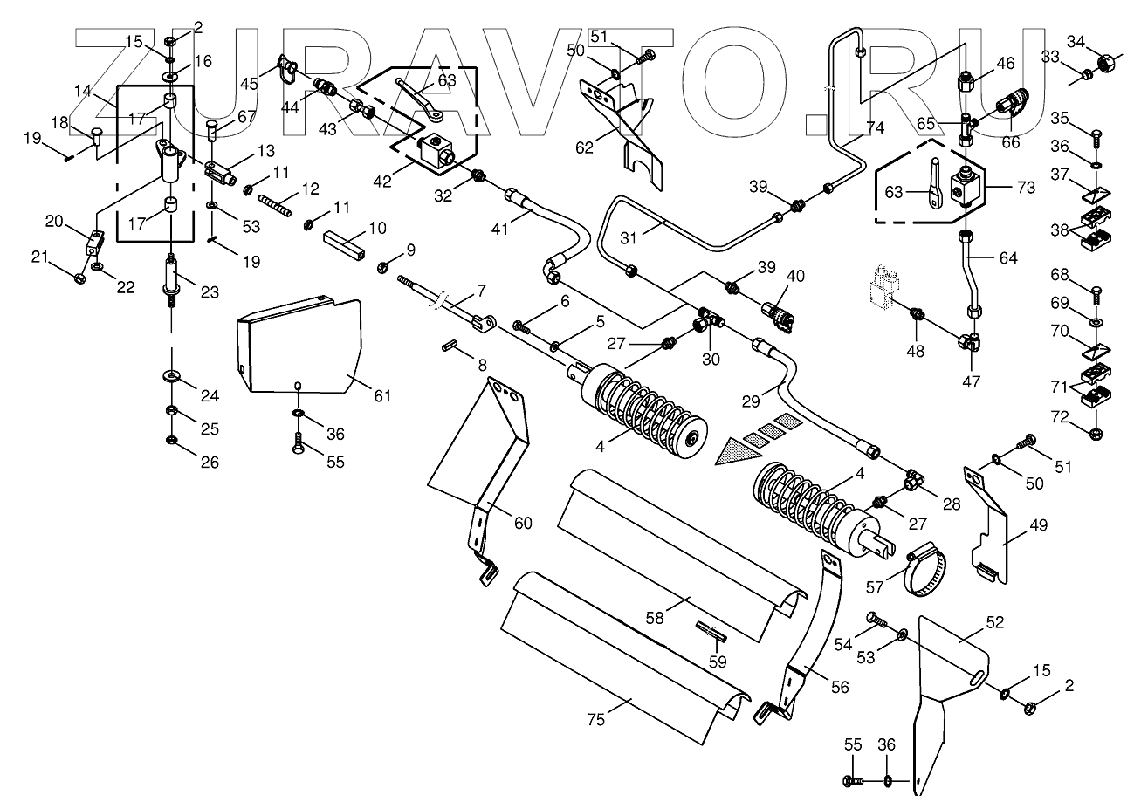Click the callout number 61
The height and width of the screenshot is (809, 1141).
pos(382,395)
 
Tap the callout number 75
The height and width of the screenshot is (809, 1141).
pos(595,720)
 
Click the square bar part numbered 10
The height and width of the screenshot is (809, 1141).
pos(345,244)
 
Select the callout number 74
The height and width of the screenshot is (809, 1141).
pos(875,127)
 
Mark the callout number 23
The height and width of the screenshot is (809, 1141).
pos(210,291)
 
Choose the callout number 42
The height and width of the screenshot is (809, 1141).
pos(382,182)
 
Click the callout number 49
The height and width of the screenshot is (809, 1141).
pos(1039,524)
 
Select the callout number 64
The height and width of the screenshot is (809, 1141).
pos(1008,258)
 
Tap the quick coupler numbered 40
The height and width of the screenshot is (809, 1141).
pos(777,317)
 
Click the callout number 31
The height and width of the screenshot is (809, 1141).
pos(629,237)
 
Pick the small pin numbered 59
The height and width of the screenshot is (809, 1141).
pos(711,632)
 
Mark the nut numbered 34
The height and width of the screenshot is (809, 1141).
pos(1102,64)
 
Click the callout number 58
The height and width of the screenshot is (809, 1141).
pos(655,618)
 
